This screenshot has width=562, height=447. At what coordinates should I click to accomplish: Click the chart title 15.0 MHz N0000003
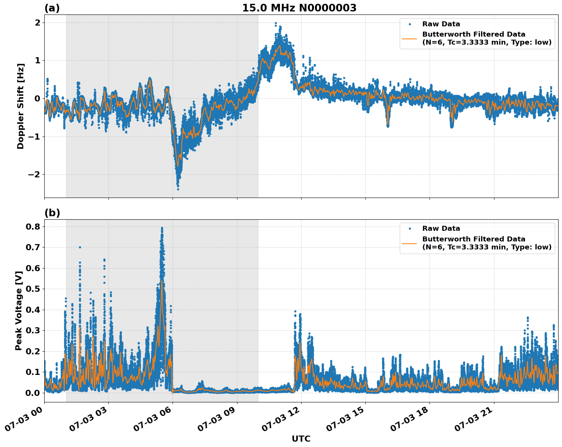[299, 8]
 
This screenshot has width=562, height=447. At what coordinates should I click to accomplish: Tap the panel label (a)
[52, 8]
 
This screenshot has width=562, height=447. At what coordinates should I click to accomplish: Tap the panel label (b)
[52, 213]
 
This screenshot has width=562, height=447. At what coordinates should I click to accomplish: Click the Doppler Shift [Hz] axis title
[21, 106]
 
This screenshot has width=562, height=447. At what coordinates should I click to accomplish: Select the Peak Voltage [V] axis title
[19, 311]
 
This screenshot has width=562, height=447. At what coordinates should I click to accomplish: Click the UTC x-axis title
[301, 439]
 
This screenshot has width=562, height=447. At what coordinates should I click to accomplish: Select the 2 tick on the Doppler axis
[37, 23]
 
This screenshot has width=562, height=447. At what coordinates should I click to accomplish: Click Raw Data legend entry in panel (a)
[441, 24]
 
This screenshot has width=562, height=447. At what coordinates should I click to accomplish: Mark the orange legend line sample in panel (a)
[410, 38]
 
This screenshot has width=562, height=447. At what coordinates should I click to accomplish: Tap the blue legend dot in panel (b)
[410, 228]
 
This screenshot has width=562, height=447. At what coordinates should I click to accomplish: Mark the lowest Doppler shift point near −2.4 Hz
[178, 189]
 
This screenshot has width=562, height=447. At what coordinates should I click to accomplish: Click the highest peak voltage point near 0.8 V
[162, 228]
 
